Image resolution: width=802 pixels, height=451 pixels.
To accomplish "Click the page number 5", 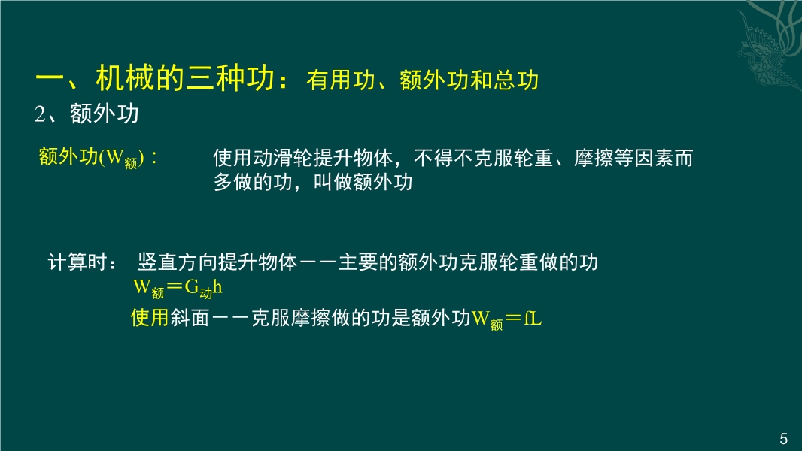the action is (784, 439).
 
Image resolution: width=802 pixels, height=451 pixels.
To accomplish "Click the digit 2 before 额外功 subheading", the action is (40, 114).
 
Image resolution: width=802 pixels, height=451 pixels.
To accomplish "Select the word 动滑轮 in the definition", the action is (283, 158).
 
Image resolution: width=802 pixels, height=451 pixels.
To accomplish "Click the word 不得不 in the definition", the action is (443, 158).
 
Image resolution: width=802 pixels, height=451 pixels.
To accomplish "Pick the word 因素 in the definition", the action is (654, 158).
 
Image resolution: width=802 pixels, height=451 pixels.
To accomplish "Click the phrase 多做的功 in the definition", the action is (253, 183).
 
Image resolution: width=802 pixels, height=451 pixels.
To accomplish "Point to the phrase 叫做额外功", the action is (363, 183).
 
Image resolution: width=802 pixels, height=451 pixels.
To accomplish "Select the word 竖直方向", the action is (178, 262).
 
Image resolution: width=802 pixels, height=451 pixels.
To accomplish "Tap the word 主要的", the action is (368, 262).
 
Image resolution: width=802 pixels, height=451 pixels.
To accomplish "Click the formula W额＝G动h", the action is (178, 289).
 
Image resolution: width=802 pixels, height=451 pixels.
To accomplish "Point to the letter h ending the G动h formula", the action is (217, 287).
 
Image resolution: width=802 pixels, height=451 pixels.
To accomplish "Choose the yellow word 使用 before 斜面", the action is (150, 318).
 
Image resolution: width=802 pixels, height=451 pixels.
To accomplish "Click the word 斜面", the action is (190, 318).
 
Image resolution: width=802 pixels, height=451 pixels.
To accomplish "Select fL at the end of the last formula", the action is (533, 318).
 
